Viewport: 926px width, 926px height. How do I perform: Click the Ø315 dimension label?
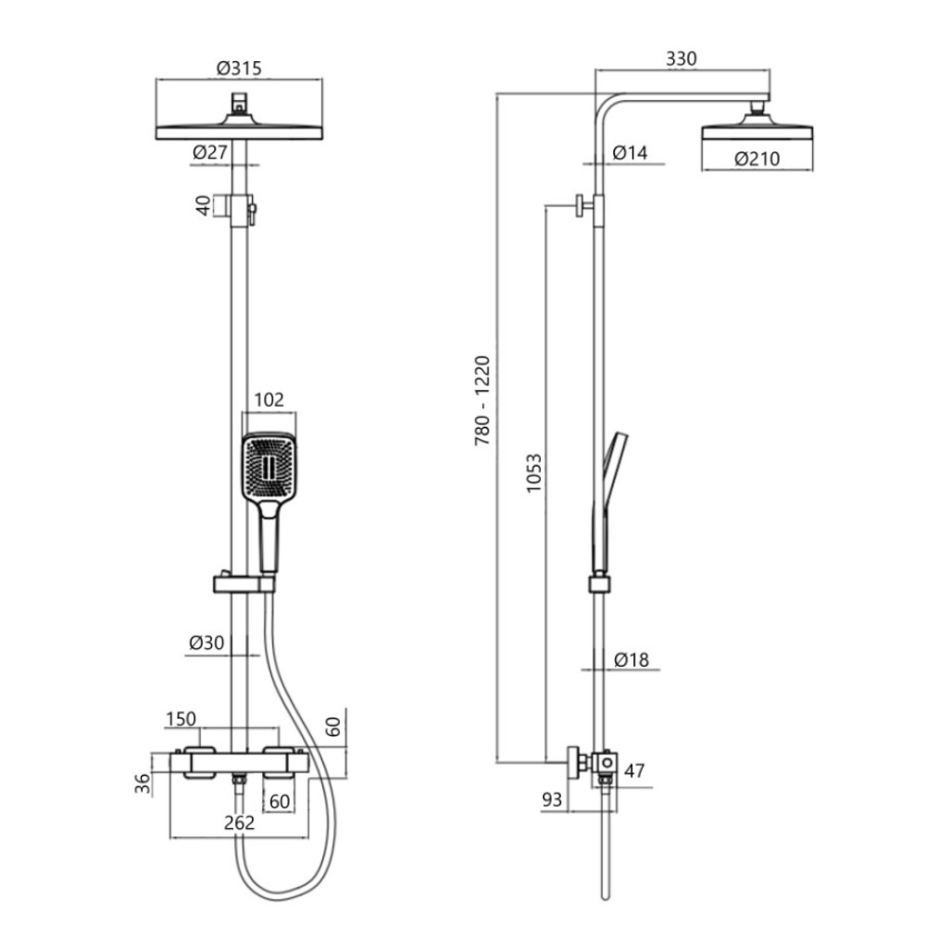[x=239, y=68]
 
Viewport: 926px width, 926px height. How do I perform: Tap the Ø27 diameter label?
[x=209, y=153]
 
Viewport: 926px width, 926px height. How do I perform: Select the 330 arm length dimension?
[x=681, y=58]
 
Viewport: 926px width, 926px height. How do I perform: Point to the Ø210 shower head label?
[x=757, y=158]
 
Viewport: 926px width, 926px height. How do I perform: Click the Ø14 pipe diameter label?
[x=630, y=153]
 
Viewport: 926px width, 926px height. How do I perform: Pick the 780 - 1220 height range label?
[x=482, y=400]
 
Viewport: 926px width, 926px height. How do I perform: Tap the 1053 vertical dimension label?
[x=533, y=473]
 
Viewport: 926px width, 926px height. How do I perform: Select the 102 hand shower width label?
[x=269, y=400]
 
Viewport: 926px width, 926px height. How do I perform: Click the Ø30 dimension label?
[x=206, y=643]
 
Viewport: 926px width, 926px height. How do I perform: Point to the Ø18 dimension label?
[x=631, y=659]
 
